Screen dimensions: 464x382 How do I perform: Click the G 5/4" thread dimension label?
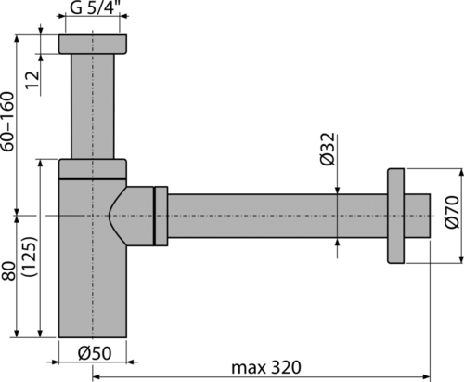click(x=95, y=7)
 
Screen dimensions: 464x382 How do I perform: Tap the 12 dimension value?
click(x=32, y=80)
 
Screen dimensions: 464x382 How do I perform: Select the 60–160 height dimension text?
click(x=7, y=121)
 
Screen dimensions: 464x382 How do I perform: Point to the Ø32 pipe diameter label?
click(x=328, y=149)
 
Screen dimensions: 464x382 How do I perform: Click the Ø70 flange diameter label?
click(x=453, y=212)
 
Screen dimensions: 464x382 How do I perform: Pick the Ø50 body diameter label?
click(x=95, y=353)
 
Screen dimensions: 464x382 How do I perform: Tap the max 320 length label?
click(x=266, y=368)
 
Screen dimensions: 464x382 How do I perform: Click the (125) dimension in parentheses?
click(x=30, y=257)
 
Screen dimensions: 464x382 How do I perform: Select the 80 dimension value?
click(x=8, y=271)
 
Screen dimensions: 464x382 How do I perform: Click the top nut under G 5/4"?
click(x=93, y=44)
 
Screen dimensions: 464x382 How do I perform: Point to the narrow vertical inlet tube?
click(x=93, y=106)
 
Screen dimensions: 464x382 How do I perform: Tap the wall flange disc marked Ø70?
click(x=395, y=216)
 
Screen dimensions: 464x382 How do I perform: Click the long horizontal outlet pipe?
click(x=277, y=216)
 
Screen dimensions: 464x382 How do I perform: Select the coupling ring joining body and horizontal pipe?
click(x=161, y=216)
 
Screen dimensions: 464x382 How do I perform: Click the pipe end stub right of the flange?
click(x=417, y=216)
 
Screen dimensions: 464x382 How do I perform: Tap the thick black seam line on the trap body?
click(x=93, y=178)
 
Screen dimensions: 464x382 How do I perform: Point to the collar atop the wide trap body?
click(x=93, y=168)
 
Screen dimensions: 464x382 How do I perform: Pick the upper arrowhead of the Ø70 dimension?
click(x=461, y=173)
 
